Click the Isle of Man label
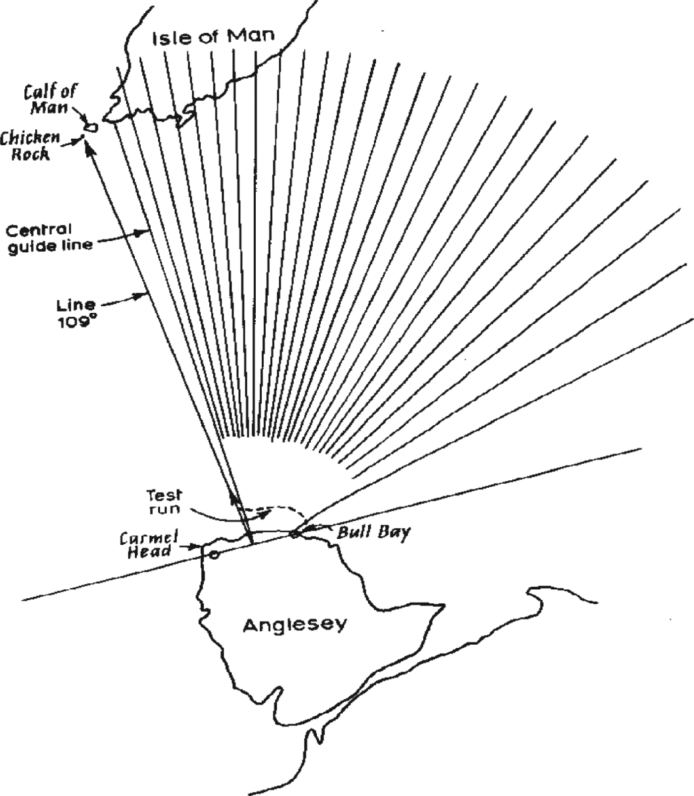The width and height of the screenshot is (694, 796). pos(213,37)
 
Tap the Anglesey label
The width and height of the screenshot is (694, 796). pos(294,625)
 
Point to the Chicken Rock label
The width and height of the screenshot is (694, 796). pos(30,145)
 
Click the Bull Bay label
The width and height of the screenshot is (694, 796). pos(374,532)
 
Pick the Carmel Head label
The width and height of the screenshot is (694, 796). pos(149,545)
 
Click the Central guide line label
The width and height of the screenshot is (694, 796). pos(50,237)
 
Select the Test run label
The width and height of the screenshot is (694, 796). pos(164,502)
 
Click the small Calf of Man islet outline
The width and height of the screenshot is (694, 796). pos(91,127)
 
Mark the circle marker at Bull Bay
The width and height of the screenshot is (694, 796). pos(294,534)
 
